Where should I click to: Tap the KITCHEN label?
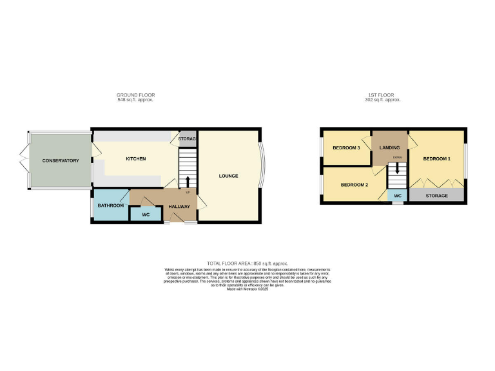[x=135, y=159]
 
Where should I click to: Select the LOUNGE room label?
[x=228, y=176]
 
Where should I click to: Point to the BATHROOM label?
[x=111, y=205]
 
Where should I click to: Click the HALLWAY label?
[x=179, y=207]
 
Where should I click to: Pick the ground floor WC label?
[x=146, y=214]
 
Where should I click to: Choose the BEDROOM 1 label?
[x=436, y=158]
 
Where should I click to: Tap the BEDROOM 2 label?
[x=354, y=185]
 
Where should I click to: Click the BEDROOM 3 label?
[x=346, y=148]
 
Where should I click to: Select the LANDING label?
[x=389, y=148]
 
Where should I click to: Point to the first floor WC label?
[x=398, y=195]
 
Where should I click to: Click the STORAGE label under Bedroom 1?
[x=436, y=195]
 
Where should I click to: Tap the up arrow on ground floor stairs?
[x=188, y=181]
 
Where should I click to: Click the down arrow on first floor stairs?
[x=398, y=167]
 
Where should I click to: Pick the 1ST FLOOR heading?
[x=383, y=95]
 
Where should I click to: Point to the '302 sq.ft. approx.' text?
[x=383, y=100]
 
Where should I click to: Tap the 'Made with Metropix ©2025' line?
[x=247, y=290]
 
